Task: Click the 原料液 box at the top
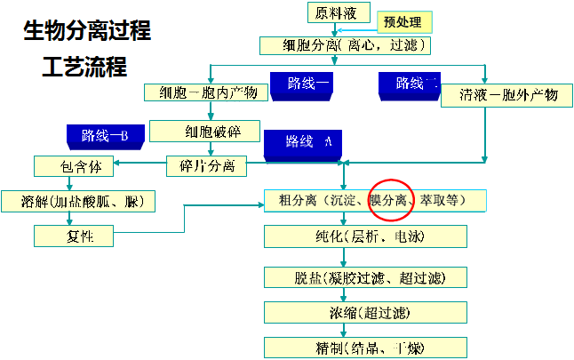tap(338, 13)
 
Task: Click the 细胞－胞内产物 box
tap(203, 92)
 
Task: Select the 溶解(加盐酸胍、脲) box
tap(78, 201)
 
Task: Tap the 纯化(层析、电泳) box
tap(365, 236)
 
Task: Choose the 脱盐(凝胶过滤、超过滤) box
tap(365, 277)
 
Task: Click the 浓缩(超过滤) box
tap(365, 312)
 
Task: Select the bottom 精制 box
tap(365, 346)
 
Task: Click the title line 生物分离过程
tap(85, 33)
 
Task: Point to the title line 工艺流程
tap(84, 68)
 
